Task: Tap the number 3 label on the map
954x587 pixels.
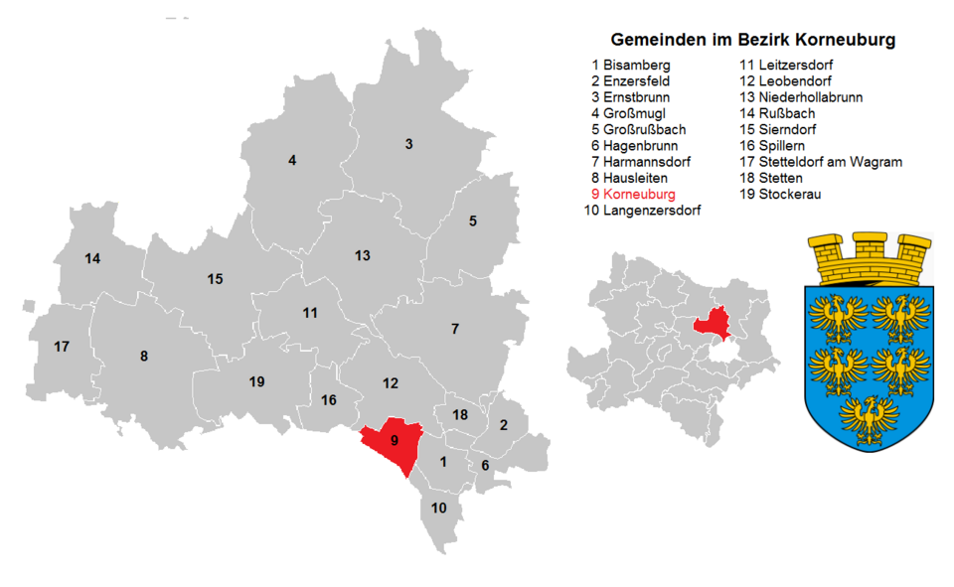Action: click(x=408, y=144)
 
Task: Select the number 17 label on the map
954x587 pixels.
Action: click(x=62, y=347)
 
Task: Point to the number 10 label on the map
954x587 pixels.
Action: click(x=439, y=508)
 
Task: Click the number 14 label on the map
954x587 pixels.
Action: click(x=92, y=259)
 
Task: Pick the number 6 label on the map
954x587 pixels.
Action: click(x=485, y=465)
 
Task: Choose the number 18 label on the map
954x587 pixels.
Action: click(x=459, y=414)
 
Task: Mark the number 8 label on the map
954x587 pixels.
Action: click(x=144, y=356)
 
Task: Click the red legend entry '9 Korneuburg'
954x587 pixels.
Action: click(x=632, y=194)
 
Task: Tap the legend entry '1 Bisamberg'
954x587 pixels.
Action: click(x=630, y=65)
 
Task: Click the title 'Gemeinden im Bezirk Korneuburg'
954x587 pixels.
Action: click(x=752, y=41)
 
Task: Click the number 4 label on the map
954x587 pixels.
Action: click(x=292, y=160)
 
